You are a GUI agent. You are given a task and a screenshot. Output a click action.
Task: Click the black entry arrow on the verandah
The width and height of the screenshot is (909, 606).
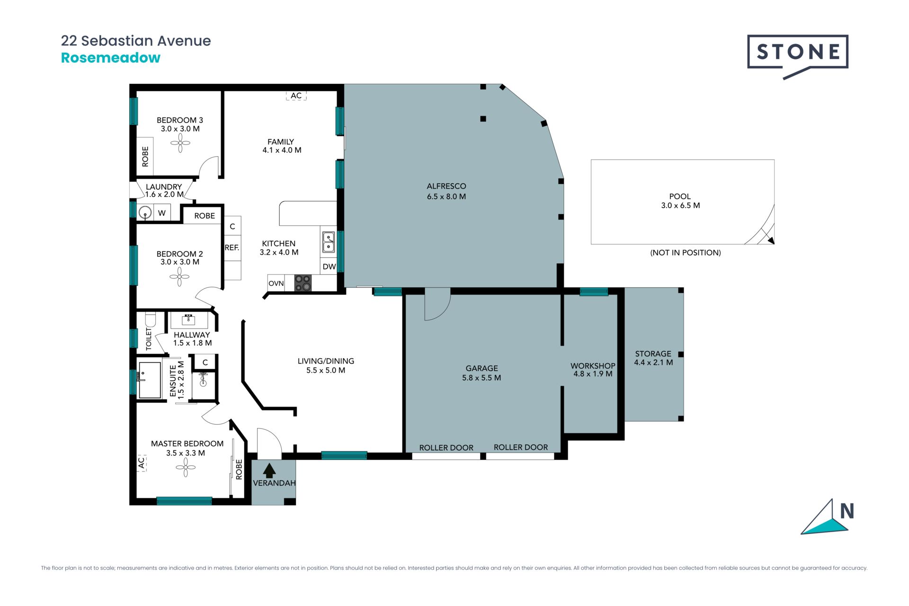(269, 470)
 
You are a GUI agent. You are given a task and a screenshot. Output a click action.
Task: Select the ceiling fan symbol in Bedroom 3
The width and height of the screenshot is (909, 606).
(180, 143)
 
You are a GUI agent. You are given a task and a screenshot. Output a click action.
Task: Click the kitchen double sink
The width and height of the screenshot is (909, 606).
(329, 242)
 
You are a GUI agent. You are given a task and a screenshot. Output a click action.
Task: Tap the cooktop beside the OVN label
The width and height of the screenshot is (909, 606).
(303, 283)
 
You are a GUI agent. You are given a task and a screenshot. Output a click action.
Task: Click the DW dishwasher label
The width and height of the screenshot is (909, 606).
(329, 267)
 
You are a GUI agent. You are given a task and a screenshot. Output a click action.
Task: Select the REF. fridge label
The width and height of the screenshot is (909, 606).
(232, 248)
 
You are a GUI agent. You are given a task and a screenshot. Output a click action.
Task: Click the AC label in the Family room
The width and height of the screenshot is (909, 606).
(296, 96)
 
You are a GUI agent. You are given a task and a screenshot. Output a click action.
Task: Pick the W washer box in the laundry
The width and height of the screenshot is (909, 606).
(162, 213)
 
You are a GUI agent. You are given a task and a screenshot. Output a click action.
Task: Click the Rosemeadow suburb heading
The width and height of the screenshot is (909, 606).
(111, 58)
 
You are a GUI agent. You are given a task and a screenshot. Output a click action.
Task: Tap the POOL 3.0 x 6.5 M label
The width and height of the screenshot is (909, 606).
(680, 201)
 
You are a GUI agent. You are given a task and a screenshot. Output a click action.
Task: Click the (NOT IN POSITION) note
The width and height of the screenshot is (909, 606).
(686, 253)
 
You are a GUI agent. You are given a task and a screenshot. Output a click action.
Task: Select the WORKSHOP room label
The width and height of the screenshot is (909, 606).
(593, 366)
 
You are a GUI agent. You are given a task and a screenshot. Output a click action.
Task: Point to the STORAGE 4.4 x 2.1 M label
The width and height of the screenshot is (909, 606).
(653, 358)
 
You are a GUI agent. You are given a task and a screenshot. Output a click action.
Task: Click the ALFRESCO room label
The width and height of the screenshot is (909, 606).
(446, 187)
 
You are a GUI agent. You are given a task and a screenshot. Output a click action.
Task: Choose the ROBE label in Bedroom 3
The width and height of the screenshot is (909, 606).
(145, 157)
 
